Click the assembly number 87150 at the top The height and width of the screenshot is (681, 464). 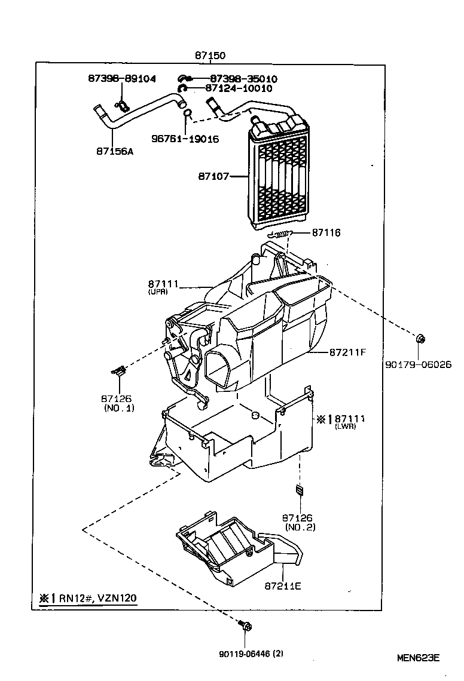pos(210,56)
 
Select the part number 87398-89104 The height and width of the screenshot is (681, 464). pos(122,78)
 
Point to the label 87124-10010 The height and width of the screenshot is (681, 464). pos(239,88)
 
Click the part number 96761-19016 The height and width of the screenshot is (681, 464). pos(185,139)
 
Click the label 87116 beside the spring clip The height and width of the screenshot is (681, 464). pos(326,232)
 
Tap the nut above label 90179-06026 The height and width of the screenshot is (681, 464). pos(420,339)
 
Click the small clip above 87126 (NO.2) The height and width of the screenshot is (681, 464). pos(299,491)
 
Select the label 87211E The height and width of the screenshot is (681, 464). pos(283,585)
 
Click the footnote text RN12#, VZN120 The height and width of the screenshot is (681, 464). pos(100,597)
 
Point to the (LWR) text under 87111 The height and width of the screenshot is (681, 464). pos(346,427)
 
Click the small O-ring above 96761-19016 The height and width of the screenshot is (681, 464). pos(187,113)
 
